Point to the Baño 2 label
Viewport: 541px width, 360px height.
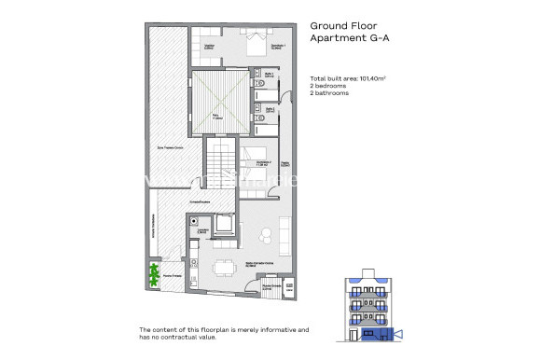coord(268,109)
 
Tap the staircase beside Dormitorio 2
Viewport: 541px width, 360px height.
coord(222,165)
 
